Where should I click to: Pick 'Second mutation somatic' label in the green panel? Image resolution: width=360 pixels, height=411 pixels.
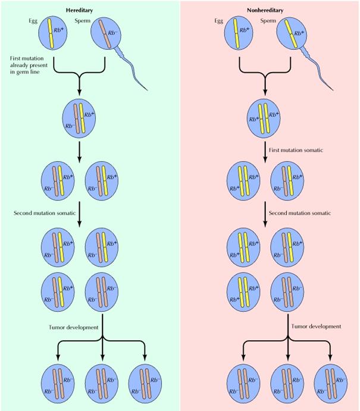pyautogui.click(x=39, y=212)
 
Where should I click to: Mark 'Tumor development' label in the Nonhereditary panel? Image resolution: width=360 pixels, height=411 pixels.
pyautogui.click(x=316, y=326)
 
